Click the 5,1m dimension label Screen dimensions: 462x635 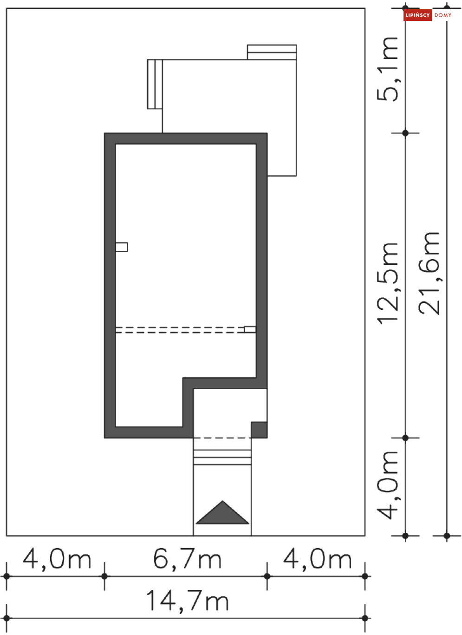coord(387,69)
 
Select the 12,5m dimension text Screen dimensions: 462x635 coord(387,283)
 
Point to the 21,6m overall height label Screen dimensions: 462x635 coord(429,273)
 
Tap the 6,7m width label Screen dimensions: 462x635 coord(187,558)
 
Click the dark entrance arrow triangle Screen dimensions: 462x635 coord(222,512)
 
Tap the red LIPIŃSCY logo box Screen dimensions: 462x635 coord(417,15)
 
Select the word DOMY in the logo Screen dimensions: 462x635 coord(442,15)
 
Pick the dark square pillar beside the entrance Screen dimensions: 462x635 coord(259,430)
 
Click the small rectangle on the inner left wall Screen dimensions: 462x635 coord(122,247)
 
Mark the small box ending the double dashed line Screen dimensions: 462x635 coord(250,329)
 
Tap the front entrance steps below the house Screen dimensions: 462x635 coord(222,457)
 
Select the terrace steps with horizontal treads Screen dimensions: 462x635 coord(272,52)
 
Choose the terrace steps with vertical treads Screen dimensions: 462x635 coord(155,84)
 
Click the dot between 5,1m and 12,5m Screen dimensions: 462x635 coord(405,133)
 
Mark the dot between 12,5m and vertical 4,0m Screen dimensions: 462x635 coord(405,438)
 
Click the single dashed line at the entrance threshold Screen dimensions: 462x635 coord(222,438)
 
